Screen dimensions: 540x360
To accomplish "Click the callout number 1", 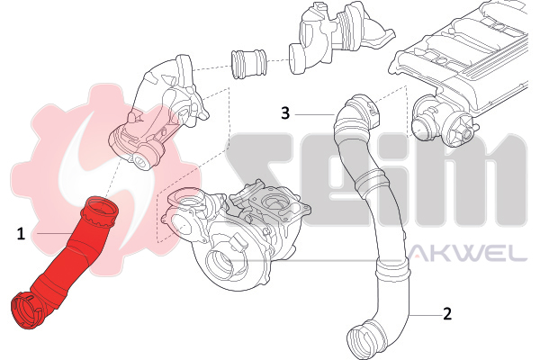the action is point(21,234).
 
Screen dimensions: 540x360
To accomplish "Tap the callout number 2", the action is point(446,314).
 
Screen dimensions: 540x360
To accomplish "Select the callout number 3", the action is point(285,113).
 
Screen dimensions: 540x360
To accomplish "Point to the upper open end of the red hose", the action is point(101,210).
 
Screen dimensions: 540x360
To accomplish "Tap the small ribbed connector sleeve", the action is point(248,64).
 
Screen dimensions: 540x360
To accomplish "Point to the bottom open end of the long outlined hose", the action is point(364,340).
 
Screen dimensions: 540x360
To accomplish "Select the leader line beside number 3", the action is point(314,114).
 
